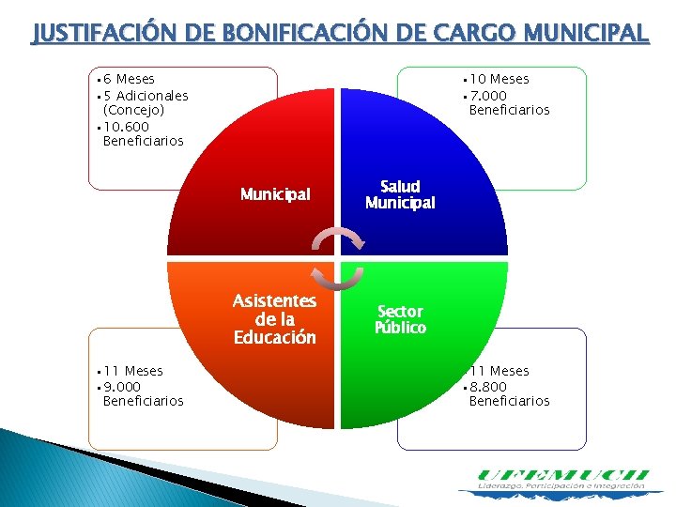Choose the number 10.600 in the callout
tap(127, 126)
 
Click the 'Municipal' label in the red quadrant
tap(275, 195)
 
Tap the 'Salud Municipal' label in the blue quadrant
tap(400, 195)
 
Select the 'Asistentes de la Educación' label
tap(275, 319)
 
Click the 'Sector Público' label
tap(400, 319)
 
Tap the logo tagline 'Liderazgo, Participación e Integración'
tap(561, 487)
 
